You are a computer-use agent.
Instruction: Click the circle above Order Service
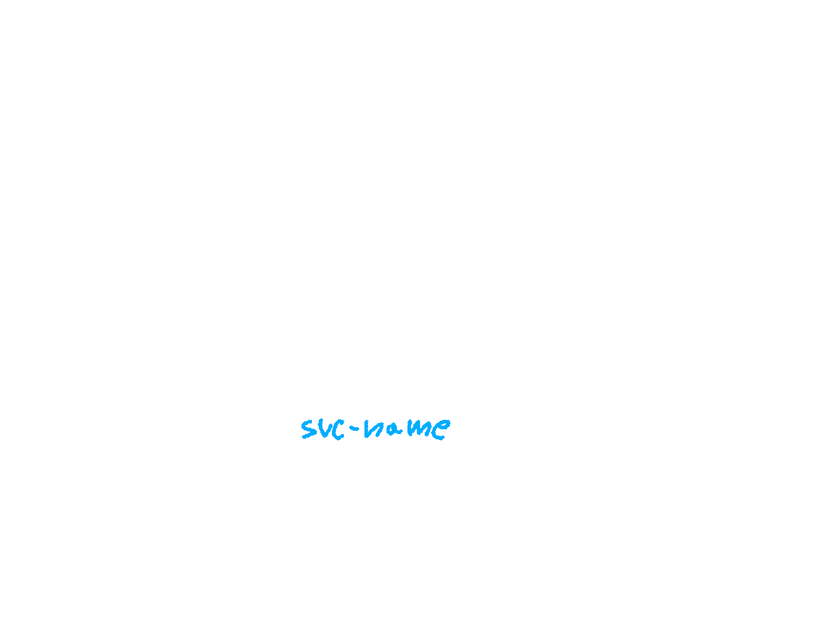point(181,245)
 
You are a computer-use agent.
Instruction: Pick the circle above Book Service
point(510,248)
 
